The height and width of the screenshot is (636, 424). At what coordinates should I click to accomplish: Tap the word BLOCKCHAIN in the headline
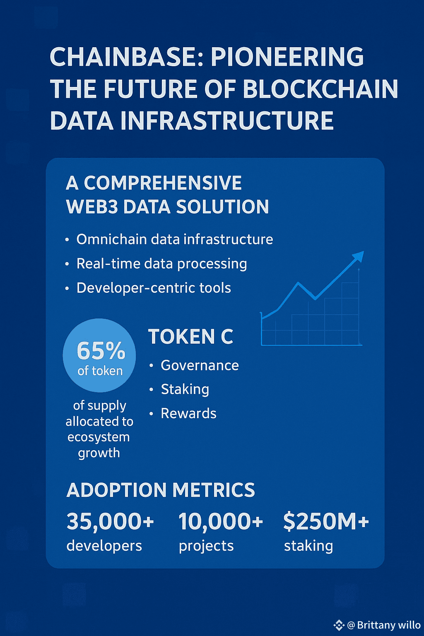click(x=320, y=89)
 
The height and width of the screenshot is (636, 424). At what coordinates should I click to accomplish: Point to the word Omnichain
click(x=111, y=239)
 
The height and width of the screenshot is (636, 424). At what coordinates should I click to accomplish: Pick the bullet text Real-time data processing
click(x=161, y=264)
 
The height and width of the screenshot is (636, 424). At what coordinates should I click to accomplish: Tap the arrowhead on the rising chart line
click(x=358, y=256)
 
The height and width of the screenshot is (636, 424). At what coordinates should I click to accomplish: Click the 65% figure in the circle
click(x=101, y=351)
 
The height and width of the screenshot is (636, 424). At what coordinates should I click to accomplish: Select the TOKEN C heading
click(x=190, y=337)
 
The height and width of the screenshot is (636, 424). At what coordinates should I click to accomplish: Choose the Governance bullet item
click(x=200, y=365)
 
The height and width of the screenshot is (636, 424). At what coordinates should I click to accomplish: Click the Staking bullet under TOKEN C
click(x=185, y=389)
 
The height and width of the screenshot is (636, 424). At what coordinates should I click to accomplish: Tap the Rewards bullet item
click(x=188, y=413)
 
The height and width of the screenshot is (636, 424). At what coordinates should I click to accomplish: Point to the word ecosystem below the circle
click(x=99, y=437)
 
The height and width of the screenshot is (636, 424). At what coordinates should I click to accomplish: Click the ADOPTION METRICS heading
click(x=161, y=490)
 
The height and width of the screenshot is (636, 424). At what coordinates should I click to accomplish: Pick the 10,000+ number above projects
click(x=221, y=521)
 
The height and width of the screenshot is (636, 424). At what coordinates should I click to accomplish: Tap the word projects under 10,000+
click(x=206, y=546)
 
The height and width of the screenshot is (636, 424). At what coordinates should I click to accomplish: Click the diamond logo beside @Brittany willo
click(x=339, y=625)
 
